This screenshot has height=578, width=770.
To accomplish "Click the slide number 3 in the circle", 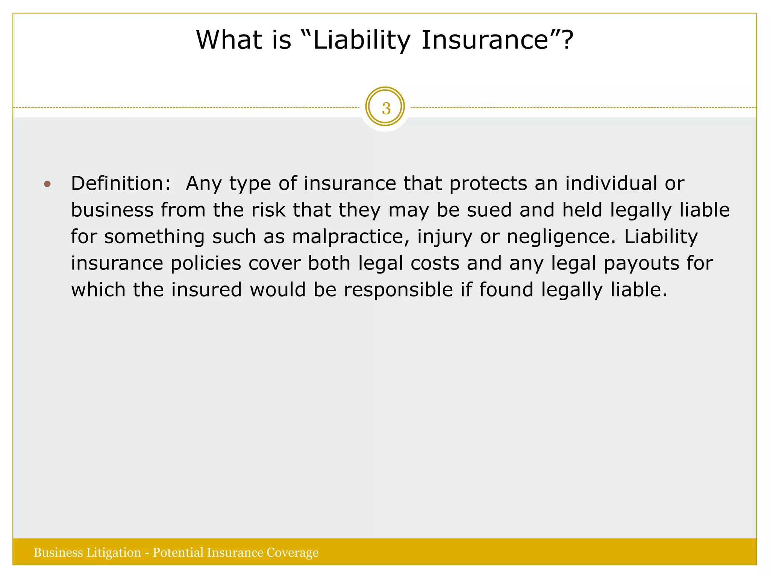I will click(x=386, y=108).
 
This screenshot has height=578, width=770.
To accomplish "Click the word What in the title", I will click(x=229, y=40).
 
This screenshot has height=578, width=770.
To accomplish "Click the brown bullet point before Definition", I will click(x=47, y=184).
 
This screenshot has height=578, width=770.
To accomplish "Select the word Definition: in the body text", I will click(x=121, y=184).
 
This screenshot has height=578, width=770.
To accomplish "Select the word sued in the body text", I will click(x=489, y=210).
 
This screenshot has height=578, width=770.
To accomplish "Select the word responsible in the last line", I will click(x=398, y=290).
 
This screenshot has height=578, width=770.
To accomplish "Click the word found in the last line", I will click(x=506, y=290).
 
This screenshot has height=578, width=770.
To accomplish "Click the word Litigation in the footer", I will click(x=114, y=552).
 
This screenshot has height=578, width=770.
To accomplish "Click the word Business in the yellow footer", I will click(x=58, y=552).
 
